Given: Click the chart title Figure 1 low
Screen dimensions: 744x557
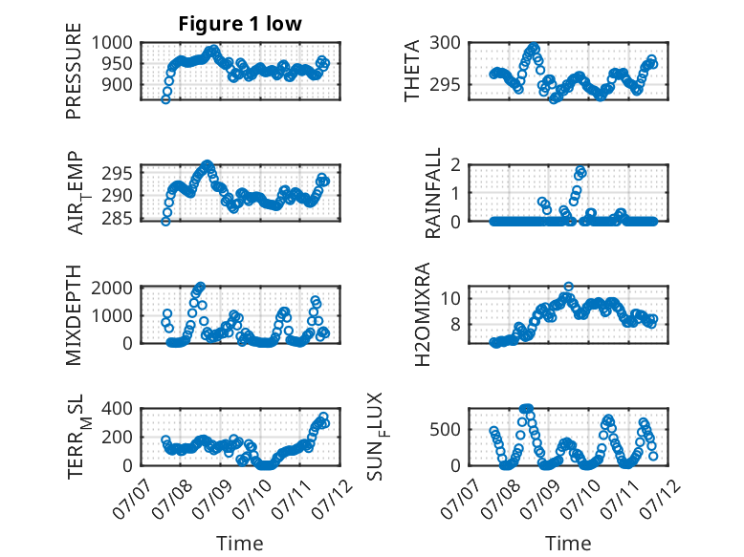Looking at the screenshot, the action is [240, 24].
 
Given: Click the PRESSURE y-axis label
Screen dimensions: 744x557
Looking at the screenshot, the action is [74, 71].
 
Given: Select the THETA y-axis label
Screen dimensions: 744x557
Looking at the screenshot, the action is [412, 71].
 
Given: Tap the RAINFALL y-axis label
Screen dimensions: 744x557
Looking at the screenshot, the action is [433, 193].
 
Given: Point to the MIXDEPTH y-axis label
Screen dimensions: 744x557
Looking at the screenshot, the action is [74, 315].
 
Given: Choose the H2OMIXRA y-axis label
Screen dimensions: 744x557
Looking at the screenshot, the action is [422, 314].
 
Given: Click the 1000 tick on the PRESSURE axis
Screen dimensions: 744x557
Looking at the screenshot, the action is [112, 43].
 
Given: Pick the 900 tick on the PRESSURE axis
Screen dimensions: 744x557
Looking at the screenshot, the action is [118, 85].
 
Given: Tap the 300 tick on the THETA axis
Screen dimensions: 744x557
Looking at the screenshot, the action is [445, 43].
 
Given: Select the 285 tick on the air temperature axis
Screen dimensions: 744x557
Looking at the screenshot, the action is [118, 219].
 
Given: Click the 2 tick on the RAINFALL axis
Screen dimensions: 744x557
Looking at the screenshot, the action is [456, 165].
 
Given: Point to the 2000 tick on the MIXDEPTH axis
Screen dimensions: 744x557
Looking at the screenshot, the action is [112, 288].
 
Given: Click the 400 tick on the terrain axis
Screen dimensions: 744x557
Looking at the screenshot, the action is [118, 409].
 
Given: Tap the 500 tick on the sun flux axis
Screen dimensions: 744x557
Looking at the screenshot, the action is [445, 430].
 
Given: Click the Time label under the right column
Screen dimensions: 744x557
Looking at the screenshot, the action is [568, 544].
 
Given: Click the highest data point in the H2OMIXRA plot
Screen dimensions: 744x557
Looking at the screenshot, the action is [568, 287].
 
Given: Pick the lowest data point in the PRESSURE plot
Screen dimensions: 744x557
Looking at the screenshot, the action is [165, 99].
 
